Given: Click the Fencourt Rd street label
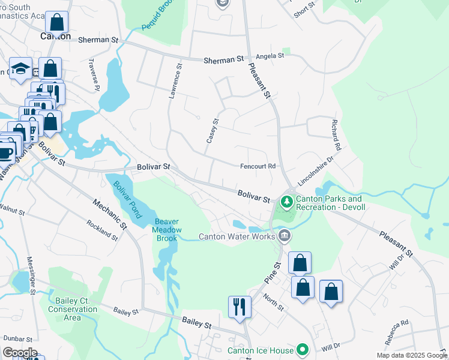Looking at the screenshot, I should [258, 166].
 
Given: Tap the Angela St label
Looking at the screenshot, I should [270, 56].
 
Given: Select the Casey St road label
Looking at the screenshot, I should [211, 130].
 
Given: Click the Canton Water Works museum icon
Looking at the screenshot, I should [285, 235].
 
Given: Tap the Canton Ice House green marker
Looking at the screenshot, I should [303, 350].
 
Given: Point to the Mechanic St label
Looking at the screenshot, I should [110, 215].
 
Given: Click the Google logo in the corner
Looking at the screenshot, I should [19, 353].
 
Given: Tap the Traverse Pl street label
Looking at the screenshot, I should [93, 74].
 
